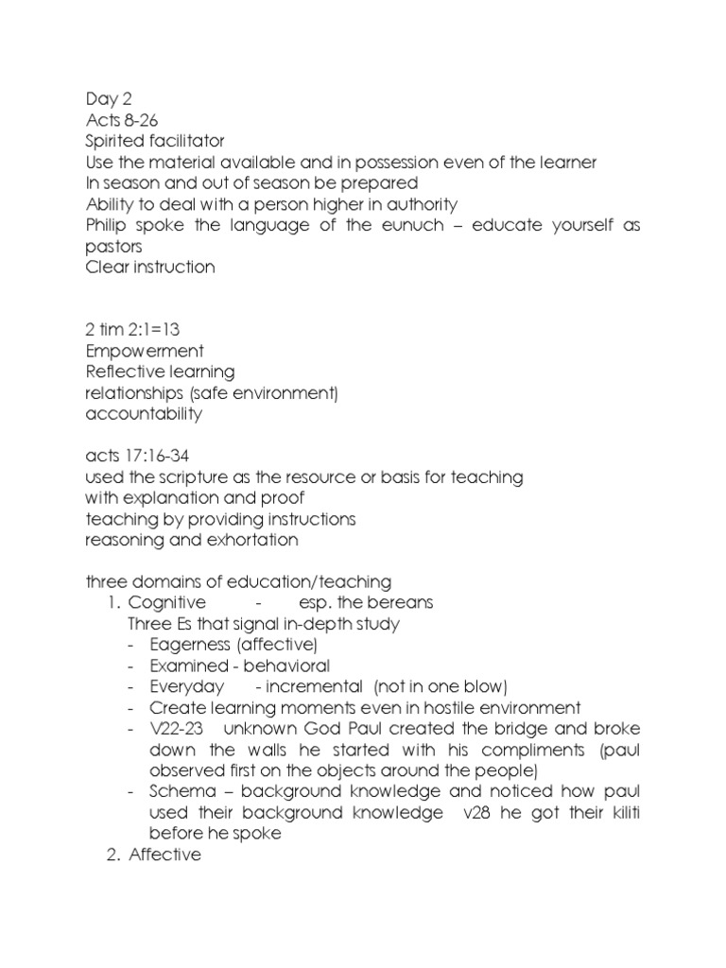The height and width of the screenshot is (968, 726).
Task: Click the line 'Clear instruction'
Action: [x=149, y=267]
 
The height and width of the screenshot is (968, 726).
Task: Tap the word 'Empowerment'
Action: [x=144, y=351]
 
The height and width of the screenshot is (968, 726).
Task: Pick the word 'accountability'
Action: [x=143, y=413]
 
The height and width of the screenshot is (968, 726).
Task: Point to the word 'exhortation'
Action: [x=251, y=540]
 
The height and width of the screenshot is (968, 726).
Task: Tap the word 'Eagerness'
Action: [x=189, y=645]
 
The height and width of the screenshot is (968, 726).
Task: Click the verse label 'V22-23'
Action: [x=180, y=728]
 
